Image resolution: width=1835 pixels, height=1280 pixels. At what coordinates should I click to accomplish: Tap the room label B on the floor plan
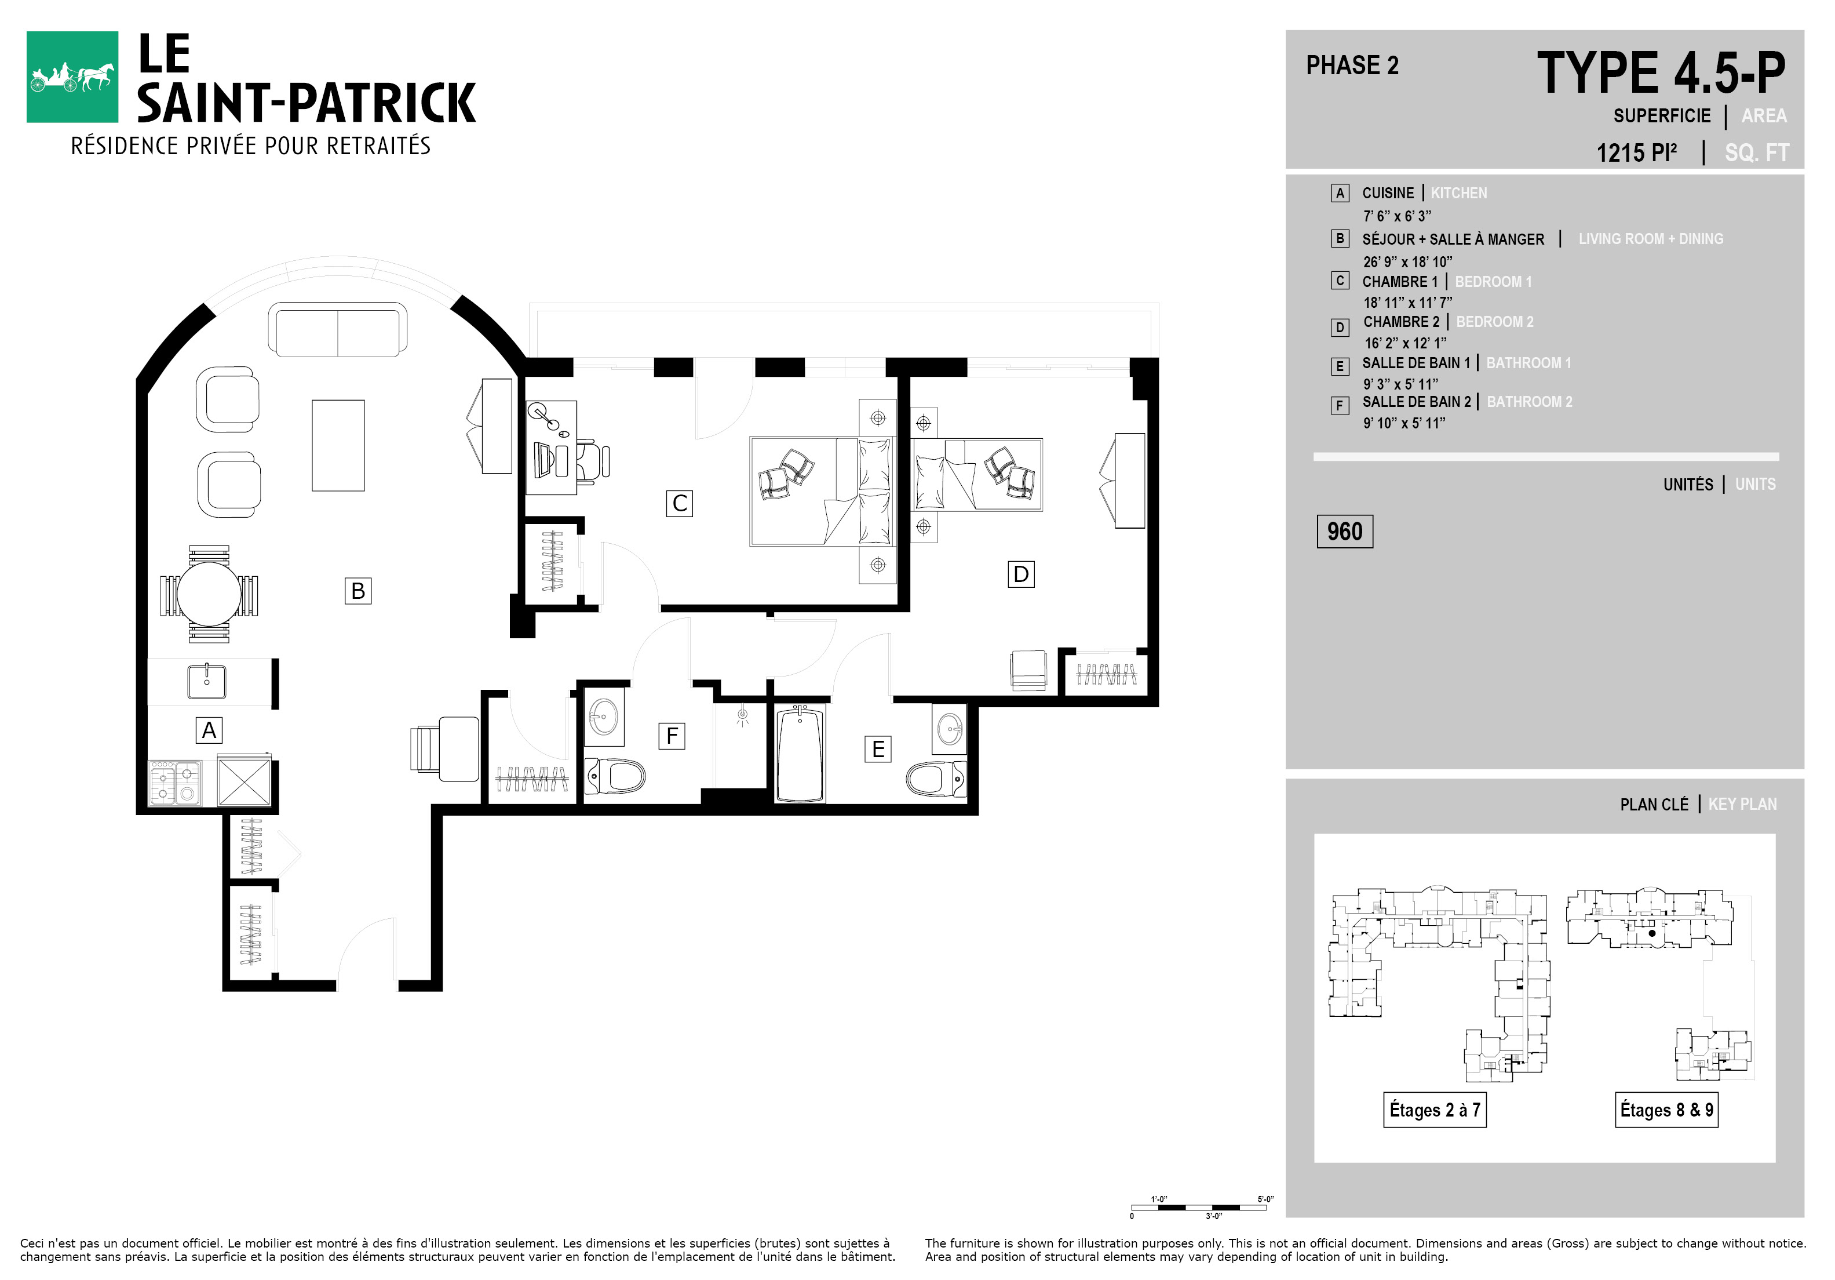pos(358,591)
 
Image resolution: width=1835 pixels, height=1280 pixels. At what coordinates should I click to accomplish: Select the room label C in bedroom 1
pos(679,504)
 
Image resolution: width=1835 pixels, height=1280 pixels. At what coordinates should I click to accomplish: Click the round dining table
pos(209,594)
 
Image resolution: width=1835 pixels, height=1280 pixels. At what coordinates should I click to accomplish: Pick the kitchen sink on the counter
pos(206,682)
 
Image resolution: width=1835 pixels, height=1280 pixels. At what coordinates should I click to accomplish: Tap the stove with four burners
pos(174,782)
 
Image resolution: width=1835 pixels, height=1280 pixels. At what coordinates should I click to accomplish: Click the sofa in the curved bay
pos(337,329)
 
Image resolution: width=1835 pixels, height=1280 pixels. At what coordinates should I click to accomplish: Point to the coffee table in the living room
pos(338,445)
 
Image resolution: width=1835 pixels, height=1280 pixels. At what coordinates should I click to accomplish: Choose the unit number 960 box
pos(1344,532)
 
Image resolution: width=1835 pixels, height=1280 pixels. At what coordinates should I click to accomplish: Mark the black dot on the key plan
pos(1652,933)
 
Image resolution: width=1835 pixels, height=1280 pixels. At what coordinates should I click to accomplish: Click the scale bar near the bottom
pos(1199,1207)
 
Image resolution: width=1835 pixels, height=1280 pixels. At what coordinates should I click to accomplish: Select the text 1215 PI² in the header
pos(1636,152)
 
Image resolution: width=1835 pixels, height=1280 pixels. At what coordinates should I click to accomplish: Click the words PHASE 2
pos(1352,66)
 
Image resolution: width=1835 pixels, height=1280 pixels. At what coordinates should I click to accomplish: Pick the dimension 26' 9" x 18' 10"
pos(1407,261)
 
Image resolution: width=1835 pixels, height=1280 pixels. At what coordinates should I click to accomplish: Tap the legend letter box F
pos(1340,405)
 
